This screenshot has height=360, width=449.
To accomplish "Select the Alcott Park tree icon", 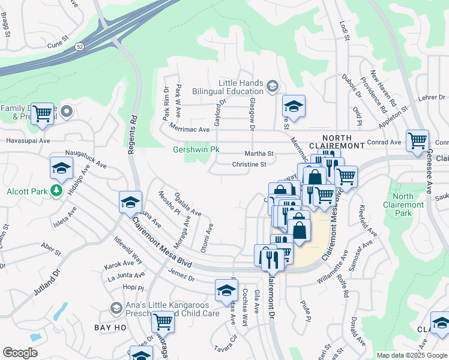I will click(56, 191).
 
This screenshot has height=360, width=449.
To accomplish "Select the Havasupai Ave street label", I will click(26, 140).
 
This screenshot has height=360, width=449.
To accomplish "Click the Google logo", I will click(20, 352).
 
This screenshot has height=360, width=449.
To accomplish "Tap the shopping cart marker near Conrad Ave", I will click(417, 142).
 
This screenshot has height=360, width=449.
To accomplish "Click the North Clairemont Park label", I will click(411, 205).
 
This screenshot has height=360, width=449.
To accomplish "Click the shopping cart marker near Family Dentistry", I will click(42, 113).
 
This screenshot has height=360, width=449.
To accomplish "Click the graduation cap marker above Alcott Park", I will click(61, 170).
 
